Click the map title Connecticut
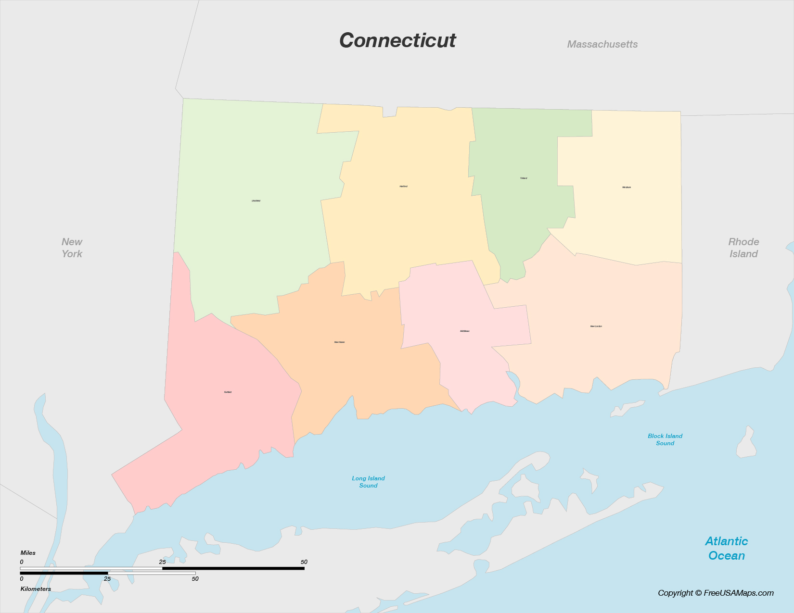coord(397,40)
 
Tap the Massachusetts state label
coord(602,44)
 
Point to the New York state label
coord(72,248)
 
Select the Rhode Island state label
coord(743,248)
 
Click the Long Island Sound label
coord(368,482)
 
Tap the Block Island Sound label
coord(665,439)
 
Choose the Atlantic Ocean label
coord(727,549)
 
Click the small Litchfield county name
coord(256,200)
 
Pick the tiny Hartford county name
coord(403,186)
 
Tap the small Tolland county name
coord(524,178)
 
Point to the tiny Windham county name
coord(627,188)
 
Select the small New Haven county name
coord(339,342)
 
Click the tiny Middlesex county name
coord(464,331)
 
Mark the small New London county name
coord(596,326)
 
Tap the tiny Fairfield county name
coord(228,392)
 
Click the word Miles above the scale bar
coord(28,553)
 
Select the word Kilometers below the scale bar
coord(36,589)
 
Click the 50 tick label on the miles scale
coord(304,562)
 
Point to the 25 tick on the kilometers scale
coord(107,579)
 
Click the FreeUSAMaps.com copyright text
coord(716,593)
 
